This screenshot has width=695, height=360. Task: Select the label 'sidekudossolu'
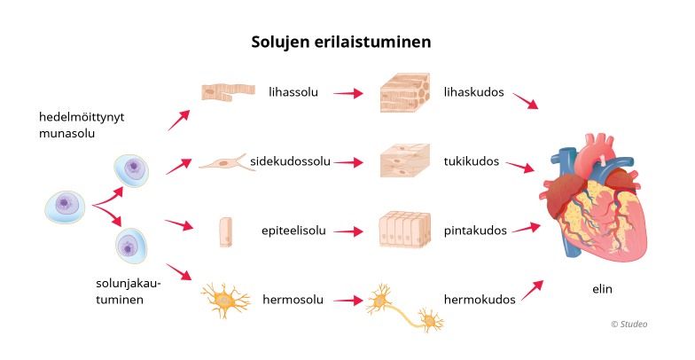tap(290, 161)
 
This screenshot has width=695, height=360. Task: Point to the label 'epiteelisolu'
tap(294, 231)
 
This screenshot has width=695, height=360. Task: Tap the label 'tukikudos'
tap(472, 161)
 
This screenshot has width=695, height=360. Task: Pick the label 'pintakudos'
tap(475, 231)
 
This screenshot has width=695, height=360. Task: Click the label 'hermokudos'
tap(480, 299)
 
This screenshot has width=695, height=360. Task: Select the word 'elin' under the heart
tap(602, 289)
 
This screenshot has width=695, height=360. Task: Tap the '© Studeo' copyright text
tap(629, 324)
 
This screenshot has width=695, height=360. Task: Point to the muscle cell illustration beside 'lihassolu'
tap(228, 91)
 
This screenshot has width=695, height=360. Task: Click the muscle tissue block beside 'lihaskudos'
tap(404, 91)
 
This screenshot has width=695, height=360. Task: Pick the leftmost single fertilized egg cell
tap(65, 206)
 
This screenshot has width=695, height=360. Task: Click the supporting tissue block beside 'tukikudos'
tap(404, 161)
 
